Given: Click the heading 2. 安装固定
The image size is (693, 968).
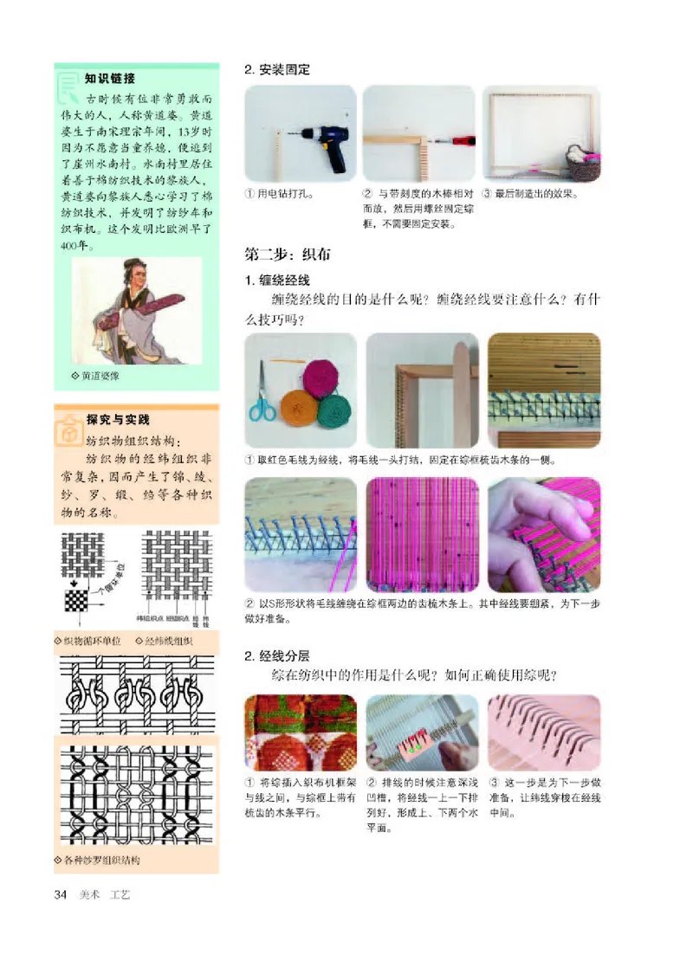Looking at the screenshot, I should click(x=277, y=69).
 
